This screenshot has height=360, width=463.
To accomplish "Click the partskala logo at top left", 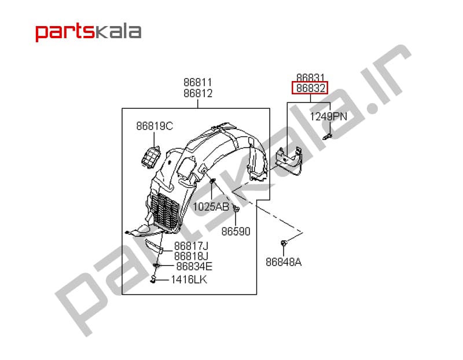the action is point(89,32).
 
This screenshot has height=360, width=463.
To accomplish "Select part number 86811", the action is point(198,82).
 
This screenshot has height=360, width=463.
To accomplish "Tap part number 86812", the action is point(198,93).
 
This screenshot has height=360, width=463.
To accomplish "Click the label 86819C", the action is point(155,126).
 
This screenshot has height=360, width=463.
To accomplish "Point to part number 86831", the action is point(310,78).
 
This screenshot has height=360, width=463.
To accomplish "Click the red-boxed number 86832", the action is point(310,88).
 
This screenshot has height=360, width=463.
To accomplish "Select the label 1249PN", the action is point(328,117).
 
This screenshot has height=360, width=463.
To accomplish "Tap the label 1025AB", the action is point(211,207).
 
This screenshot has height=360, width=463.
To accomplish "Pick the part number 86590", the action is point(236,232).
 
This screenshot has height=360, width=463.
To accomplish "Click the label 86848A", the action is point(284,262).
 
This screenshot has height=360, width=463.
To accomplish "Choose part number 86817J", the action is point(191,246).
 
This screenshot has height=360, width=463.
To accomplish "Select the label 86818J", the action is point(191,256).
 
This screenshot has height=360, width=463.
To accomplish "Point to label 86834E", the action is point(194,266).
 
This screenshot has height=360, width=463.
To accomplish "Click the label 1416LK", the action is point(189,280).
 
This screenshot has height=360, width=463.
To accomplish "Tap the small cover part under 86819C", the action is point(151,157).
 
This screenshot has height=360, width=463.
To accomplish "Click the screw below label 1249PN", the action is point(328,137).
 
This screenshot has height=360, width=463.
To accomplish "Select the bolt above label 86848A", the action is point(284,244).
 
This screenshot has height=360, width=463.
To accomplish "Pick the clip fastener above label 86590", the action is point(236,208).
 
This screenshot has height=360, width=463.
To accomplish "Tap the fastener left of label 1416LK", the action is point(153,279).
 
